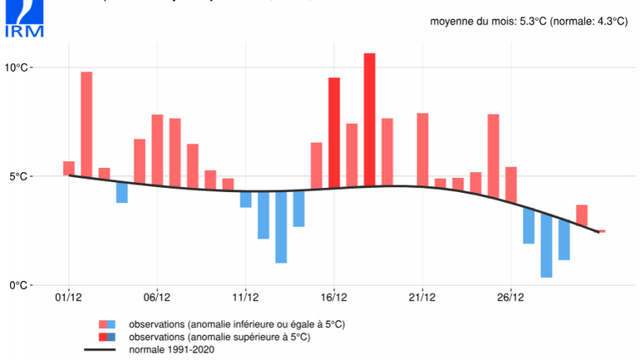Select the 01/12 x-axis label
(68, 297)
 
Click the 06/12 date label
(157, 297)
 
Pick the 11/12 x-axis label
(245, 297)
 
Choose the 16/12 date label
(334, 297)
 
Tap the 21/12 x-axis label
(422, 297)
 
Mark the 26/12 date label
(510, 297)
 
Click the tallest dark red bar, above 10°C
(369, 121)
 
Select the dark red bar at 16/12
(334, 133)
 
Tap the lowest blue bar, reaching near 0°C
(546, 246)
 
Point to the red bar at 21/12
(422, 150)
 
